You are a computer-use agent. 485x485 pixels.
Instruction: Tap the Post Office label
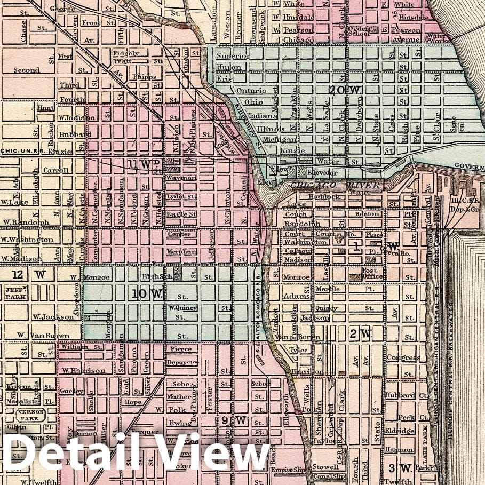(373, 274)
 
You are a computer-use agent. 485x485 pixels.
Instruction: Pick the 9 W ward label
(233, 420)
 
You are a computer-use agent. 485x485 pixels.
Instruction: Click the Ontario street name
(251, 91)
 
